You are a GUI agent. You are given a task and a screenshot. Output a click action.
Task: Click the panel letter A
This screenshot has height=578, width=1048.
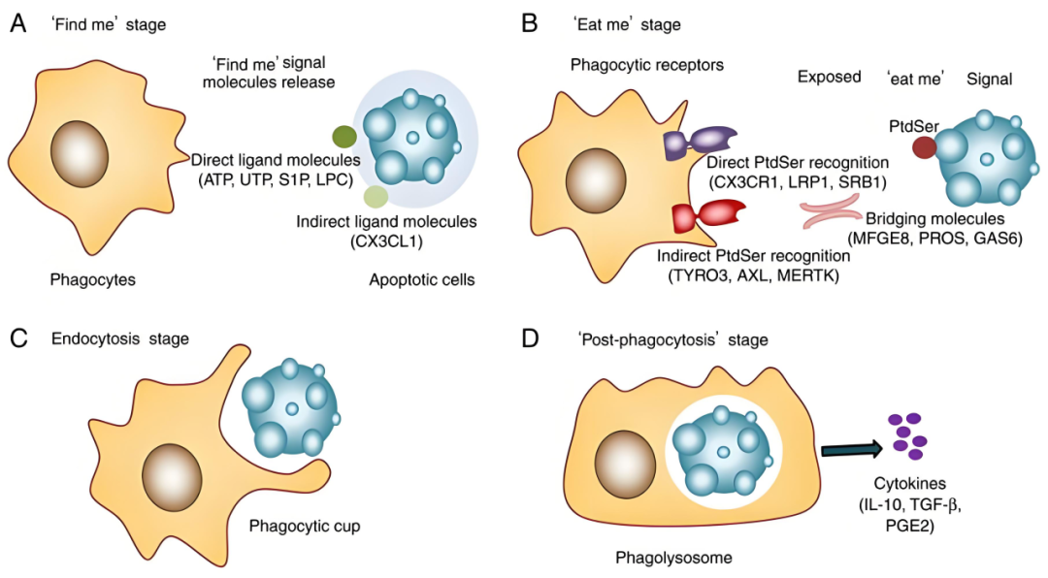pos(17,23)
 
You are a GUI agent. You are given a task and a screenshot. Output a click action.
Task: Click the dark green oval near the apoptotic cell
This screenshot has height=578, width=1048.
pos(344,137)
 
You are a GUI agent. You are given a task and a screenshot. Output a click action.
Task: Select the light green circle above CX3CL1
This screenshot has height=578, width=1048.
pos(376,197)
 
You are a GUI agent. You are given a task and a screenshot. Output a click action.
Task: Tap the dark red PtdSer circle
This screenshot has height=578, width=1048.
pos(924,147)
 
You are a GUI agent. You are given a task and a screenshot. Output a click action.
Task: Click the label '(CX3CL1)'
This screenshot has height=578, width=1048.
pos(386,242)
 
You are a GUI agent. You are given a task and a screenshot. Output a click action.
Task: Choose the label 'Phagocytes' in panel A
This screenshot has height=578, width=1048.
pos(92,280)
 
